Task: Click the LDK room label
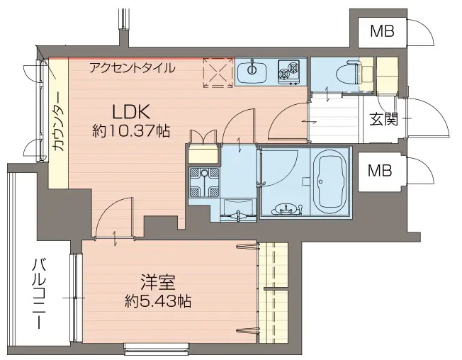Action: coord(130,112)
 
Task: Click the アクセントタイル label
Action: coord(131,69)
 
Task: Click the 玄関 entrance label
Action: coord(382,119)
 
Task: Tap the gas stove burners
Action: coord(290,71)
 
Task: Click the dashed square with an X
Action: coord(217,72)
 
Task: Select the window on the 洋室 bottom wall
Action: coord(157,347)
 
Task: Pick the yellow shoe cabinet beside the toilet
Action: coord(385,71)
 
